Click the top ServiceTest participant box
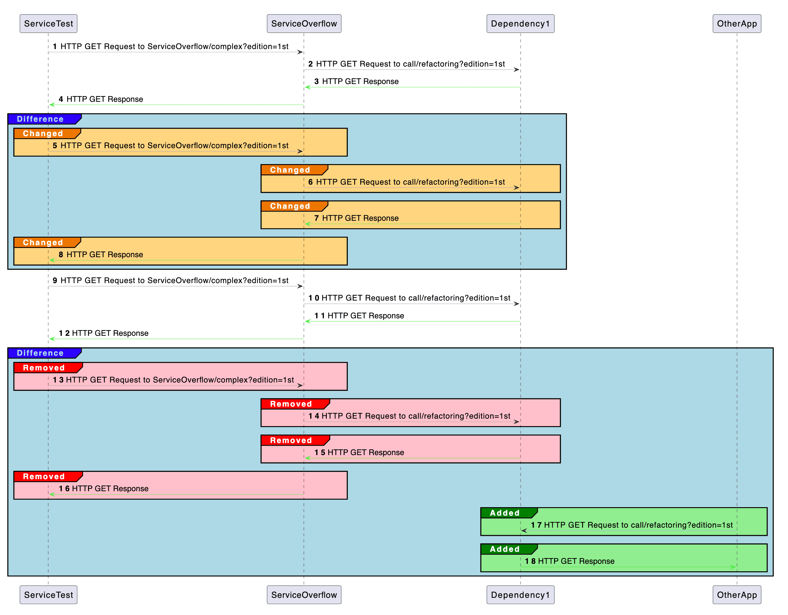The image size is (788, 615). pyautogui.click(x=48, y=24)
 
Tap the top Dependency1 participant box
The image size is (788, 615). pyautogui.click(x=520, y=24)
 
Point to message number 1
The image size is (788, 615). pyautogui.click(x=55, y=46)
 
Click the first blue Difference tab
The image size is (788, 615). pyautogui.click(x=40, y=119)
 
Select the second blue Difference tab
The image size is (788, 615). pyautogui.click(x=40, y=353)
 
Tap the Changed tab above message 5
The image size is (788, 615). pyautogui.click(x=43, y=133)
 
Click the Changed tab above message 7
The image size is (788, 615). pyautogui.click(x=290, y=206)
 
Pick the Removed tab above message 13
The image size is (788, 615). pyautogui.click(x=44, y=368)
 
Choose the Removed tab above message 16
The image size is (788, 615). pyautogui.click(x=44, y=476)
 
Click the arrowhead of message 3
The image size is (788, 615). pyautogui.click(x=307, y=87)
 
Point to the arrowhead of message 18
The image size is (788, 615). pyautogui.click(x=733, y=567)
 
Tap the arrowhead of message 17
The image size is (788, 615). pyautogui.click(x=524, y=531)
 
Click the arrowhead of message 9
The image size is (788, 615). pyautogui.click(x=300, y=286)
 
